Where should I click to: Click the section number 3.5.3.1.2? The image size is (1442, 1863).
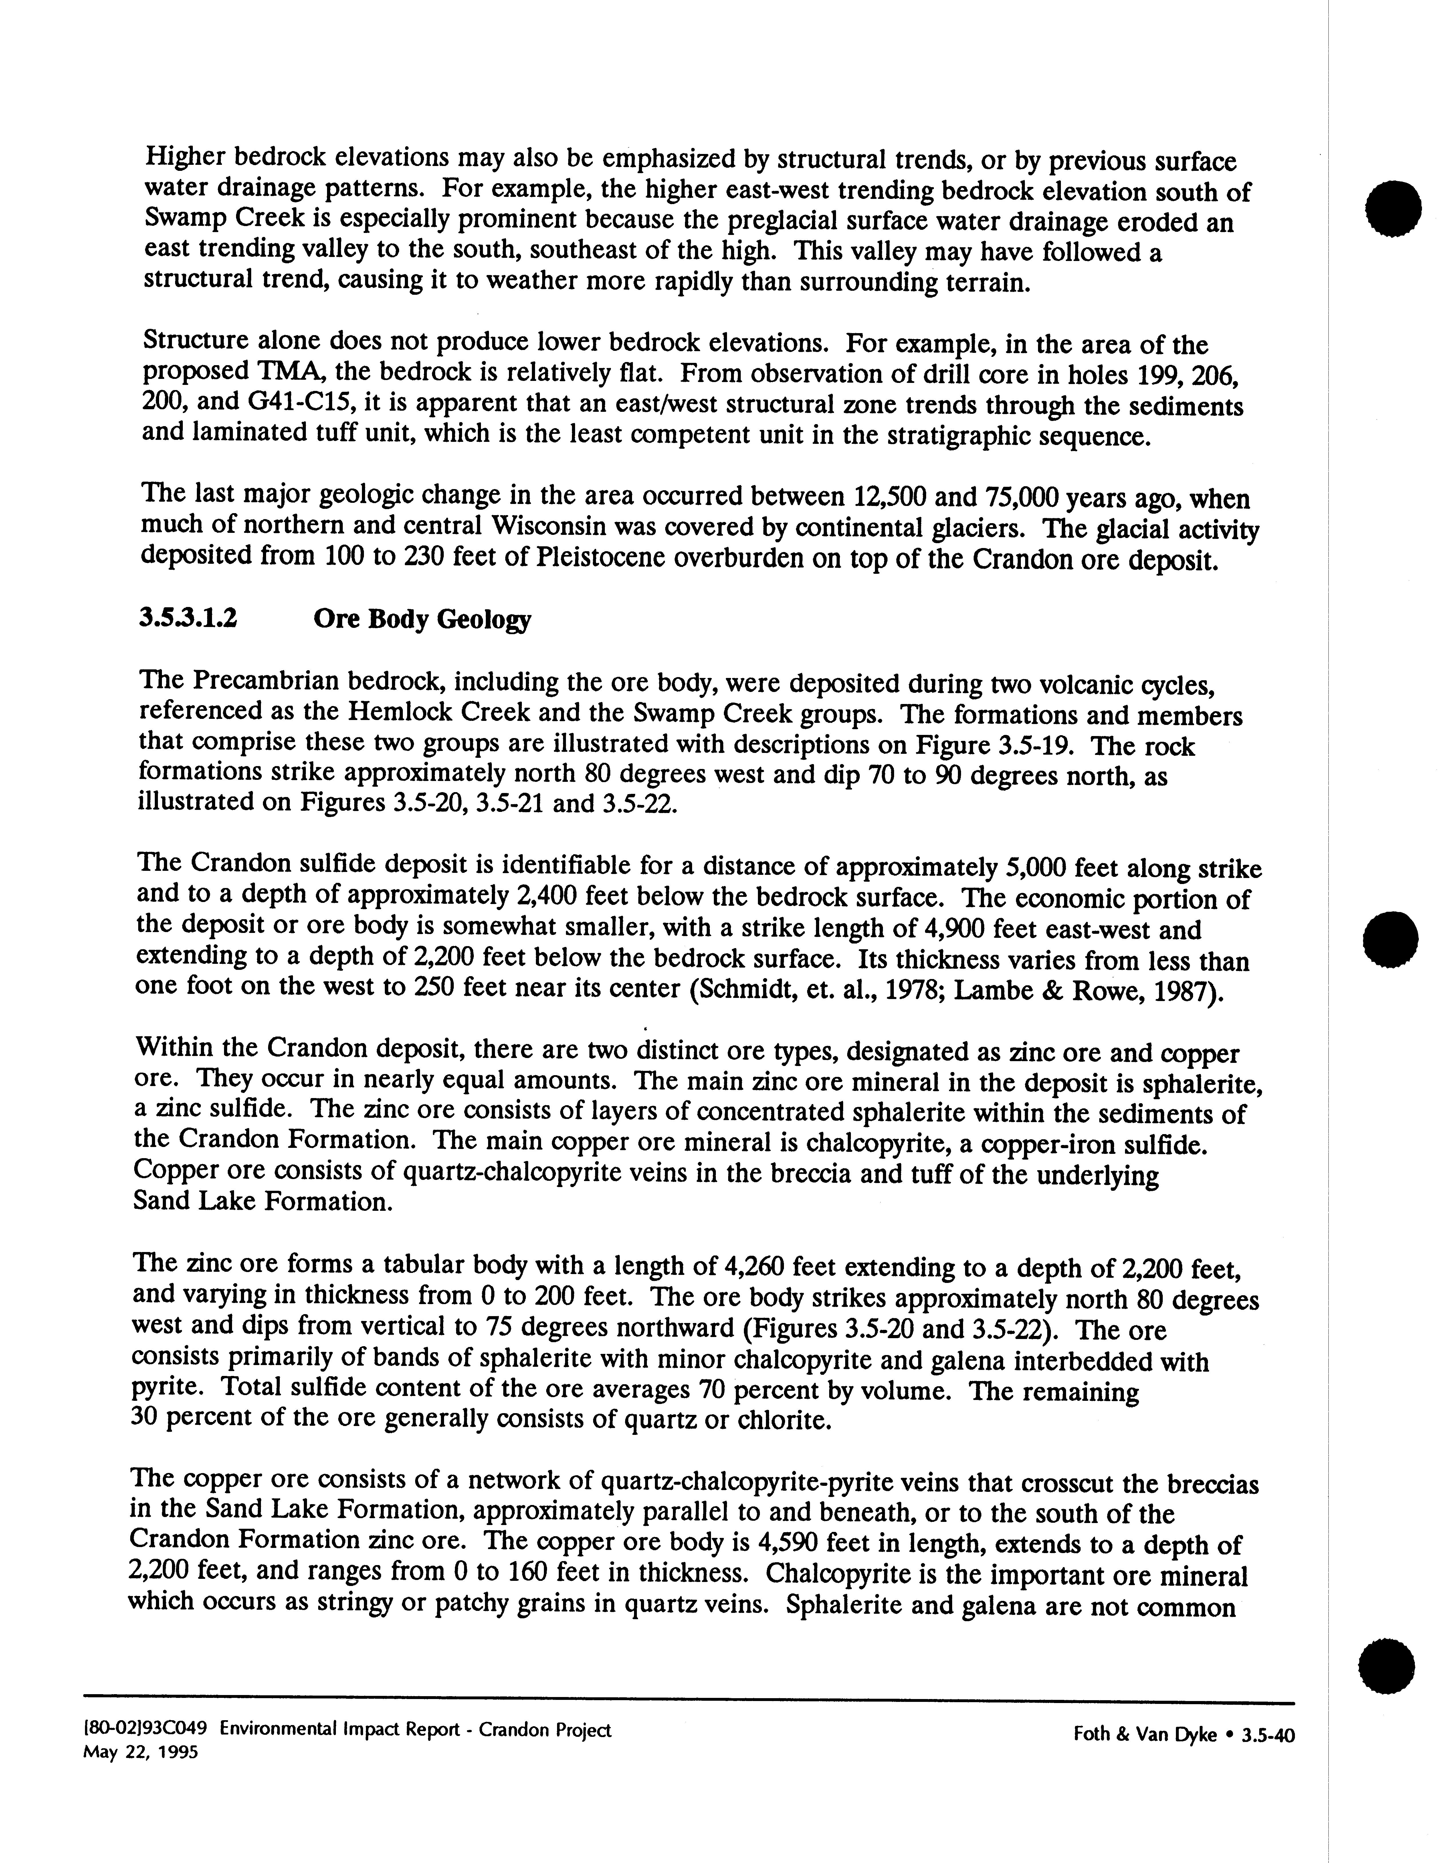click(188, 618)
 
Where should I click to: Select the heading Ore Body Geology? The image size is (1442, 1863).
click(422, 619)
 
